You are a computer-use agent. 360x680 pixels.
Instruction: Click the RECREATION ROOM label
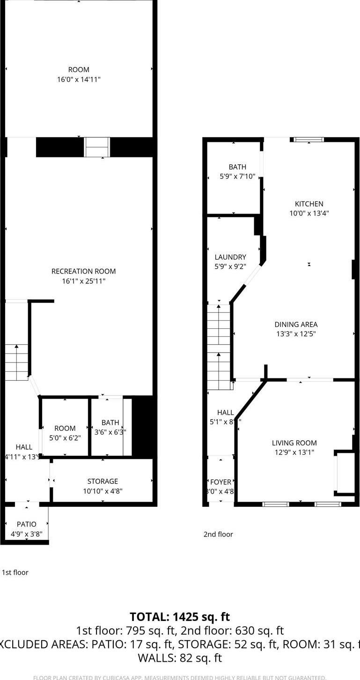tap(83, 271)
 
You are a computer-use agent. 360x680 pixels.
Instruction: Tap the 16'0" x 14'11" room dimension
tap(79, 80)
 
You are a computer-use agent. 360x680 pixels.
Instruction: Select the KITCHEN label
tap(309, 204)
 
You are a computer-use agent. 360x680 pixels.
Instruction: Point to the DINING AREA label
tap(296, 324)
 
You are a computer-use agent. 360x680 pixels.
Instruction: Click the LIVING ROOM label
tap(294, 443)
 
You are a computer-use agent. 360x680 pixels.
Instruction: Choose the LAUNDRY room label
tap(230, 257)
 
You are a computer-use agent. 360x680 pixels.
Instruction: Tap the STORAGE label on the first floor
tap(103, 481)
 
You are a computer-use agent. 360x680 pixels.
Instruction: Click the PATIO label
tap(26, 524)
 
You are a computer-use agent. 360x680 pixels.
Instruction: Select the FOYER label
tap(220, 482)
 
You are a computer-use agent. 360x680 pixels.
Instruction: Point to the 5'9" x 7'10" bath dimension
tap(237, 177)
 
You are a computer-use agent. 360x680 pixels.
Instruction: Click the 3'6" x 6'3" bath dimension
tap(110, 432)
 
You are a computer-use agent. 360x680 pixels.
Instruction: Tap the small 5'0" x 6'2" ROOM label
tap(65, 428)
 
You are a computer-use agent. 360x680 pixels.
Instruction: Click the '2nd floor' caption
tap(218, 534)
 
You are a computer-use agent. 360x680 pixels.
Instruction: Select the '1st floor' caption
tap(15, 572)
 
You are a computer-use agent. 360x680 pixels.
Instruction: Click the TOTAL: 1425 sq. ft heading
tap(180, 617)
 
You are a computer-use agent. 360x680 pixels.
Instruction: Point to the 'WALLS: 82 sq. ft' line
tap(180, 658)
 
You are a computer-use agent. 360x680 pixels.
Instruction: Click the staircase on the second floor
tap(219, 347)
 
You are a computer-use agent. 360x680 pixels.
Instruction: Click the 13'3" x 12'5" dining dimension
tap(296, 334)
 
